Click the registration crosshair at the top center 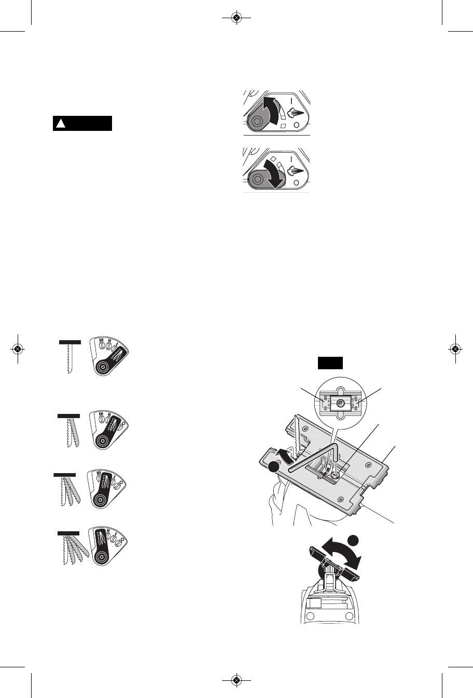236,18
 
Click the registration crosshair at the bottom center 236,679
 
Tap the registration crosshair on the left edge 18,349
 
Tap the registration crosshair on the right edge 454,349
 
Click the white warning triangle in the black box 60,124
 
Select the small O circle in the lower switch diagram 295,182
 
